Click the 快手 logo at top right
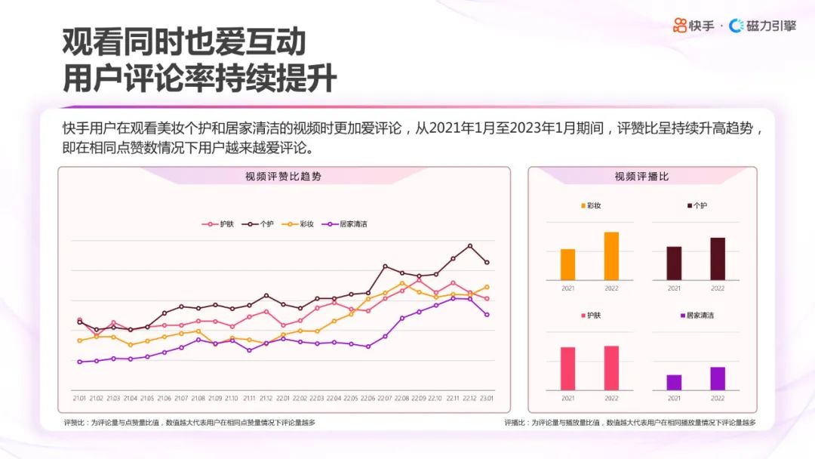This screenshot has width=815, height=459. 694,26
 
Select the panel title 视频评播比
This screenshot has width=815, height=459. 641,177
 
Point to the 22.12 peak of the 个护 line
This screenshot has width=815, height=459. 470,246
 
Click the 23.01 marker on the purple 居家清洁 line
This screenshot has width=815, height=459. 487,314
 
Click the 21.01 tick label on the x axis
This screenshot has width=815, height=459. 79,398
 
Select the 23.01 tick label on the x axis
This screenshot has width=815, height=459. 487,398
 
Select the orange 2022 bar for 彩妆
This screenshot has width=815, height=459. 611,256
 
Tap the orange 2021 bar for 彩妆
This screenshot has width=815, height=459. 567,264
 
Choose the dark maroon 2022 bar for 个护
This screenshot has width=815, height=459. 718,259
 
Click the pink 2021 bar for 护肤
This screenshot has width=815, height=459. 567,368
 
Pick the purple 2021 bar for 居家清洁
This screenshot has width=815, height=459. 674,382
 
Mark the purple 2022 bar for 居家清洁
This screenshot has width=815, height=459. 718,378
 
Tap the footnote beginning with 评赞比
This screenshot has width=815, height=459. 189,423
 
